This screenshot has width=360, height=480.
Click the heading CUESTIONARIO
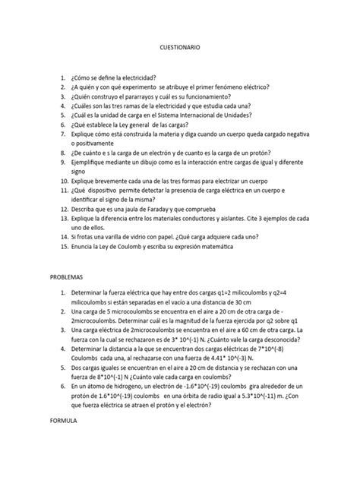pos(180,47)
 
